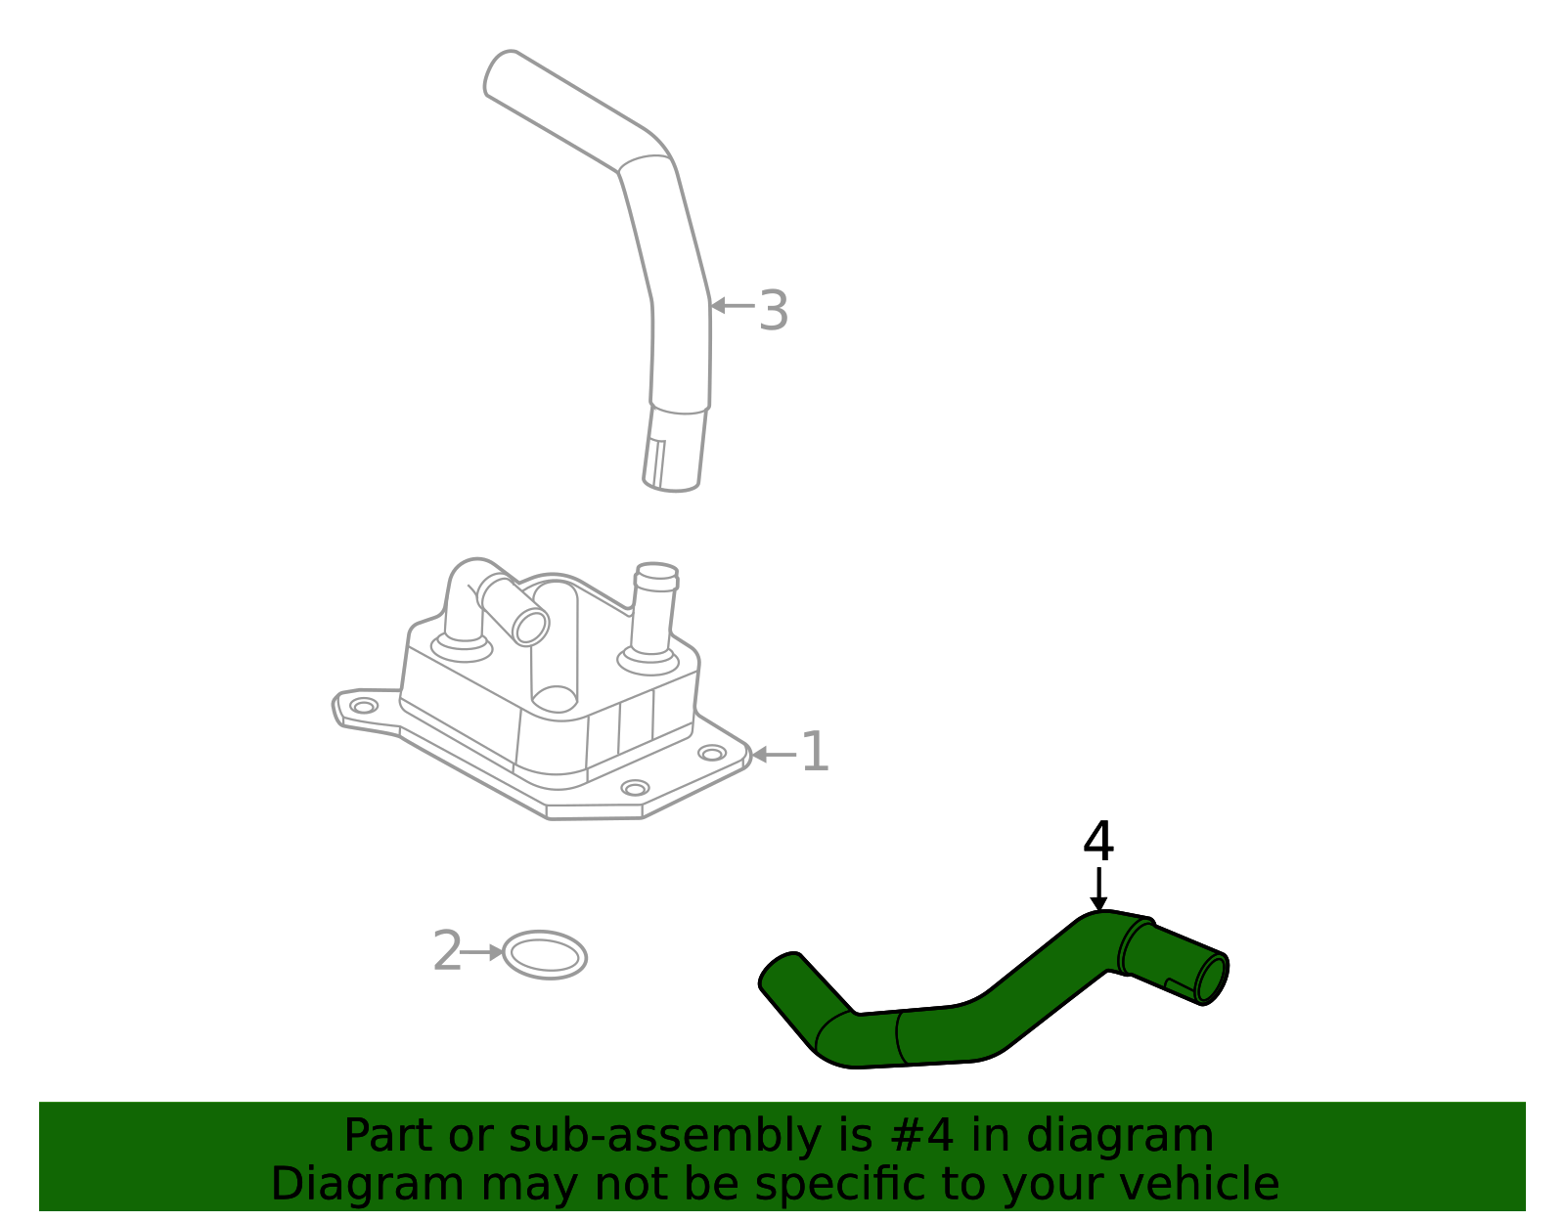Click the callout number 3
click(x=773, y=311)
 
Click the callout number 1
click(x=815, y=753)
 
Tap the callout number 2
click(x=446, y=951)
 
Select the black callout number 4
click(x=1098, y=842)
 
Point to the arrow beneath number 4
click(x=1099, y=891)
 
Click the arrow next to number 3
click(x=732, y=306)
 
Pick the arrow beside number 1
click(x=773, y=755)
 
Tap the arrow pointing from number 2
click(x=482, y=952)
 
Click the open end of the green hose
click(x=1212, y=980)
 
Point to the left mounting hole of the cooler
click(x=364, y=706)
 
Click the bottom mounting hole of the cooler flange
click(x=635, y=788)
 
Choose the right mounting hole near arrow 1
click(x=712, y=753)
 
